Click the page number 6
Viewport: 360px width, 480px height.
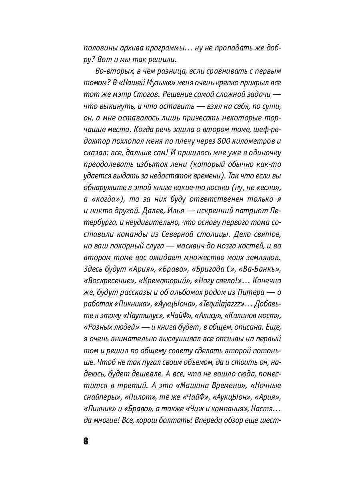(86, 442)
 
